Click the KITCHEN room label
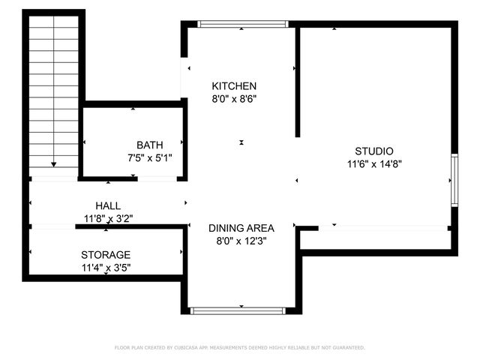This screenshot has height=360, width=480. pyautogui.click(x=234, y=86)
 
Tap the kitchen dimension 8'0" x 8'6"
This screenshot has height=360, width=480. pyautogui.click(x=234, y=98)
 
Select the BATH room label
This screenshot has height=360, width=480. pyautogui.click(x=149, y=145)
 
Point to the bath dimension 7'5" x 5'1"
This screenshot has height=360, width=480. pyautogui.click(x=149, y=157)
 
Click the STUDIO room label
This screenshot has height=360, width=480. pyautogui.click(x=374, y=151)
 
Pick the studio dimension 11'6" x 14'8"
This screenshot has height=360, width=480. pyautogui.click(x=374, y=163)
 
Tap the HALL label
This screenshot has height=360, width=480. pyautogui.click(x=107, y=205)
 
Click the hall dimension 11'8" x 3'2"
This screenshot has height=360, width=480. pyautogui.click(x=107, y=218)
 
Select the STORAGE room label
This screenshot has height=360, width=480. pyautogui.click(x=106, y=255)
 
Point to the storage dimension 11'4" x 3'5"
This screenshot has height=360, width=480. pyautogui.click(x=106, y=267)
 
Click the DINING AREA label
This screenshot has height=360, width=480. pyautogui.click(x=241, y=228)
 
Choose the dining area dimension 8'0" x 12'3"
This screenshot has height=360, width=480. pyautogui.click(x=241, y=241)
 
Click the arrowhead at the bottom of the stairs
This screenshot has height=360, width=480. pyautogui.click(x=54, y=163)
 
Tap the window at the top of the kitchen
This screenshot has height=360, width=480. pyautogui.click(x=241, y=24)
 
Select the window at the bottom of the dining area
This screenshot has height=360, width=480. pyautogui.click(x=238, y=310)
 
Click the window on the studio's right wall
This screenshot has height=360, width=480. pyautogui.click(x=453, y=180)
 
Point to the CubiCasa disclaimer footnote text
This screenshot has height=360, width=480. pyautogui.click(x=239, y=347)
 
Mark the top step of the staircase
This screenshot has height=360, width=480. pyautogui.click(x=54, y=21)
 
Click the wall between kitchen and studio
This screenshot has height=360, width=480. pyautogui.click(x=298, y=82)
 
